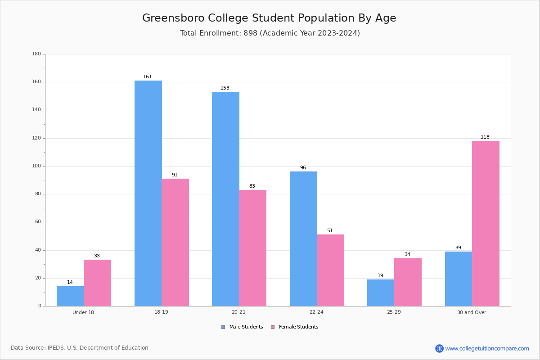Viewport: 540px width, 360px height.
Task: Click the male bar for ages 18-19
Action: (x=148, y=193)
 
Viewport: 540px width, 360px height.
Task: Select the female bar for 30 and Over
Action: (x=486, y=224)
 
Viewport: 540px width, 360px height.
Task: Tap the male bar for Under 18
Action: (x=70, y=296)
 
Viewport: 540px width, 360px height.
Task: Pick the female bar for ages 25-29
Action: (x=408, y=282)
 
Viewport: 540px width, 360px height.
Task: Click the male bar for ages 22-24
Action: (x=303, y=238)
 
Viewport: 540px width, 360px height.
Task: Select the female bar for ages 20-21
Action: (x=252, y=248)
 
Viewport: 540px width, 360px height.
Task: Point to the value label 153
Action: (x=225, y=88)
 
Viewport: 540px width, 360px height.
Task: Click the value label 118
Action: (x=485, y=137)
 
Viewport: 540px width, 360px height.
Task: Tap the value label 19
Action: (x=381, y=276)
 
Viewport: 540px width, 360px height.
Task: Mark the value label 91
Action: (x=175, y=175)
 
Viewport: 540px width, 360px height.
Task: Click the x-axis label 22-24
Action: (x=316, y=312)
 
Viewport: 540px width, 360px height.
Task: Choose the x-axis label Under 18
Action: (x=83, y=312)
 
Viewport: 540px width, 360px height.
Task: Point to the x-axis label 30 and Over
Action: (x=472, y=312)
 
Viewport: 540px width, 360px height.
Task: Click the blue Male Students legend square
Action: (x=223, y=327)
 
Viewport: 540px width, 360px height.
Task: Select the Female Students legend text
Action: (x=298, y=327)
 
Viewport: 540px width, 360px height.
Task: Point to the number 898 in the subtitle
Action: (x=250, y=33)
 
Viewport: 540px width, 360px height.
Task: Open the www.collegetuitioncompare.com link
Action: (x=487, y=348)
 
